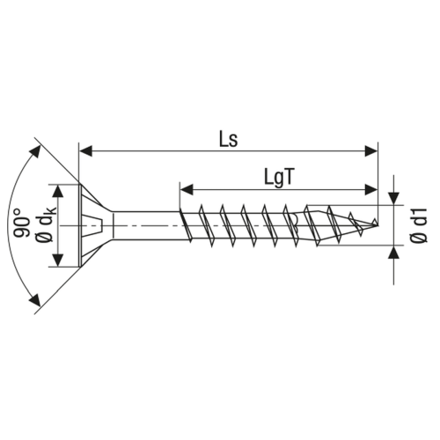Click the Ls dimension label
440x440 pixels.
(x=229, y=139)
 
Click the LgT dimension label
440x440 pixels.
(x=279, y=177)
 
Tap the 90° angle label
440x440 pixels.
(x=22, y=223)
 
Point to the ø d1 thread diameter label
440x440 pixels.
(x=420, y=225)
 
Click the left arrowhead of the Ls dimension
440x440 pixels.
(x=85, y=151)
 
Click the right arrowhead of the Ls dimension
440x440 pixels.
(x=371, y=151)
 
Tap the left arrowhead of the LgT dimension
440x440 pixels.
(x=187, y=189)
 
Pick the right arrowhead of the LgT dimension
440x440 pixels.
(x=371, y=189)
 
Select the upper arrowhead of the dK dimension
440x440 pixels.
(x=59, y=192)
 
